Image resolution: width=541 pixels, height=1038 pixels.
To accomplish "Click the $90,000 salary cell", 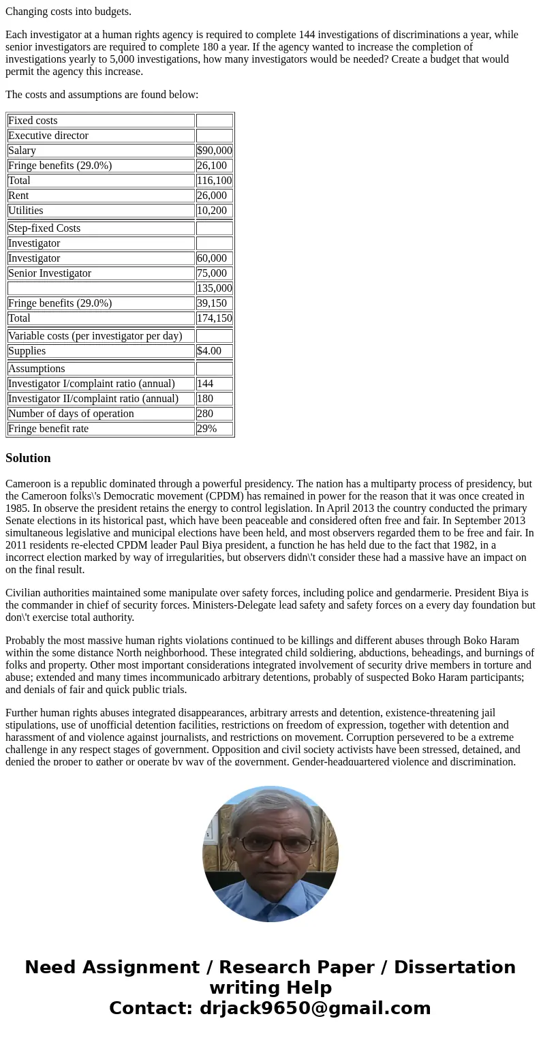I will click(214, 151).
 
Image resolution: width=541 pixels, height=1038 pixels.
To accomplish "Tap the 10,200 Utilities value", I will click(211, 211).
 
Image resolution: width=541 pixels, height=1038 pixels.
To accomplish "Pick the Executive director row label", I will click(48, 136).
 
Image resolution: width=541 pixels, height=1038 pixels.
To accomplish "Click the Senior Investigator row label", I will click(50, 273).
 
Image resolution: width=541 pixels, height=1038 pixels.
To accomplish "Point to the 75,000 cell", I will click(211, 273).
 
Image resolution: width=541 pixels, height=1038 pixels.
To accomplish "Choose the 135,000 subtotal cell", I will click(214, 288).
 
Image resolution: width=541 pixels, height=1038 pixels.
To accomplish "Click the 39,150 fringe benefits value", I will click(211, 303).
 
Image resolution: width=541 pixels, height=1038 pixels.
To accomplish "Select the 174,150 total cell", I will click(214, 318).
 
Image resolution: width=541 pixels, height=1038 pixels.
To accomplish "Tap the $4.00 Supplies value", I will click(209, 351).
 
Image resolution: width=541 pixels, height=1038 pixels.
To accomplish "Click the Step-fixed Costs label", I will click(44, 228).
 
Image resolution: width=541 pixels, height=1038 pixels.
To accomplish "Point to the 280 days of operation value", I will click(205, 414).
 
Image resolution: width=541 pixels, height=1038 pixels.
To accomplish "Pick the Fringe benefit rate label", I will click(48, 429).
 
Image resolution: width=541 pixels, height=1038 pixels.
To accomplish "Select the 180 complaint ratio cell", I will click(205, 399).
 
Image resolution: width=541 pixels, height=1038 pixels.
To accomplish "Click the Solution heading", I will click(28, 458).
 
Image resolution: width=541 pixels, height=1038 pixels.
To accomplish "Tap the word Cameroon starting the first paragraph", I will click(29, 484).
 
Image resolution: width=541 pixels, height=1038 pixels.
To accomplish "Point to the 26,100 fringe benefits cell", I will click(211, 166).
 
